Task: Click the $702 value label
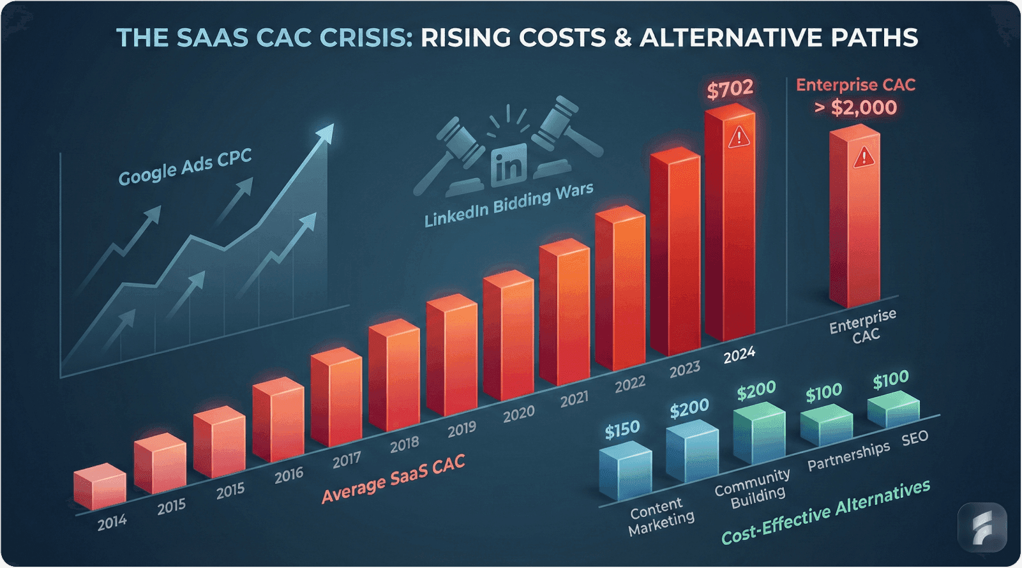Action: click(730, 89)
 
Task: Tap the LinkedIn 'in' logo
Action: click(509, 163)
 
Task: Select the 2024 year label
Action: click(739, 354)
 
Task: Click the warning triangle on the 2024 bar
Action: click(739, 136)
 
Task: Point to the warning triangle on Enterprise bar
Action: click(863, 156)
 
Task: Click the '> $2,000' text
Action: click(855, 107)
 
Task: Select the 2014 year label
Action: click(112, 522)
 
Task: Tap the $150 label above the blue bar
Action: click(622, 431)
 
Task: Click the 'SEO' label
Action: click(915, 439)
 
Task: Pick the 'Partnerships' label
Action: click(848, 456)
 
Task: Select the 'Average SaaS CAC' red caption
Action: click(393, 479)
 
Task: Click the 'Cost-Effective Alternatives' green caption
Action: click(825, 512)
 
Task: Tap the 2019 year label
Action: click(462, 429)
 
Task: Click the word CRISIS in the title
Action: click(361, 38)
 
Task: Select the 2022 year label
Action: click(630, 384)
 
